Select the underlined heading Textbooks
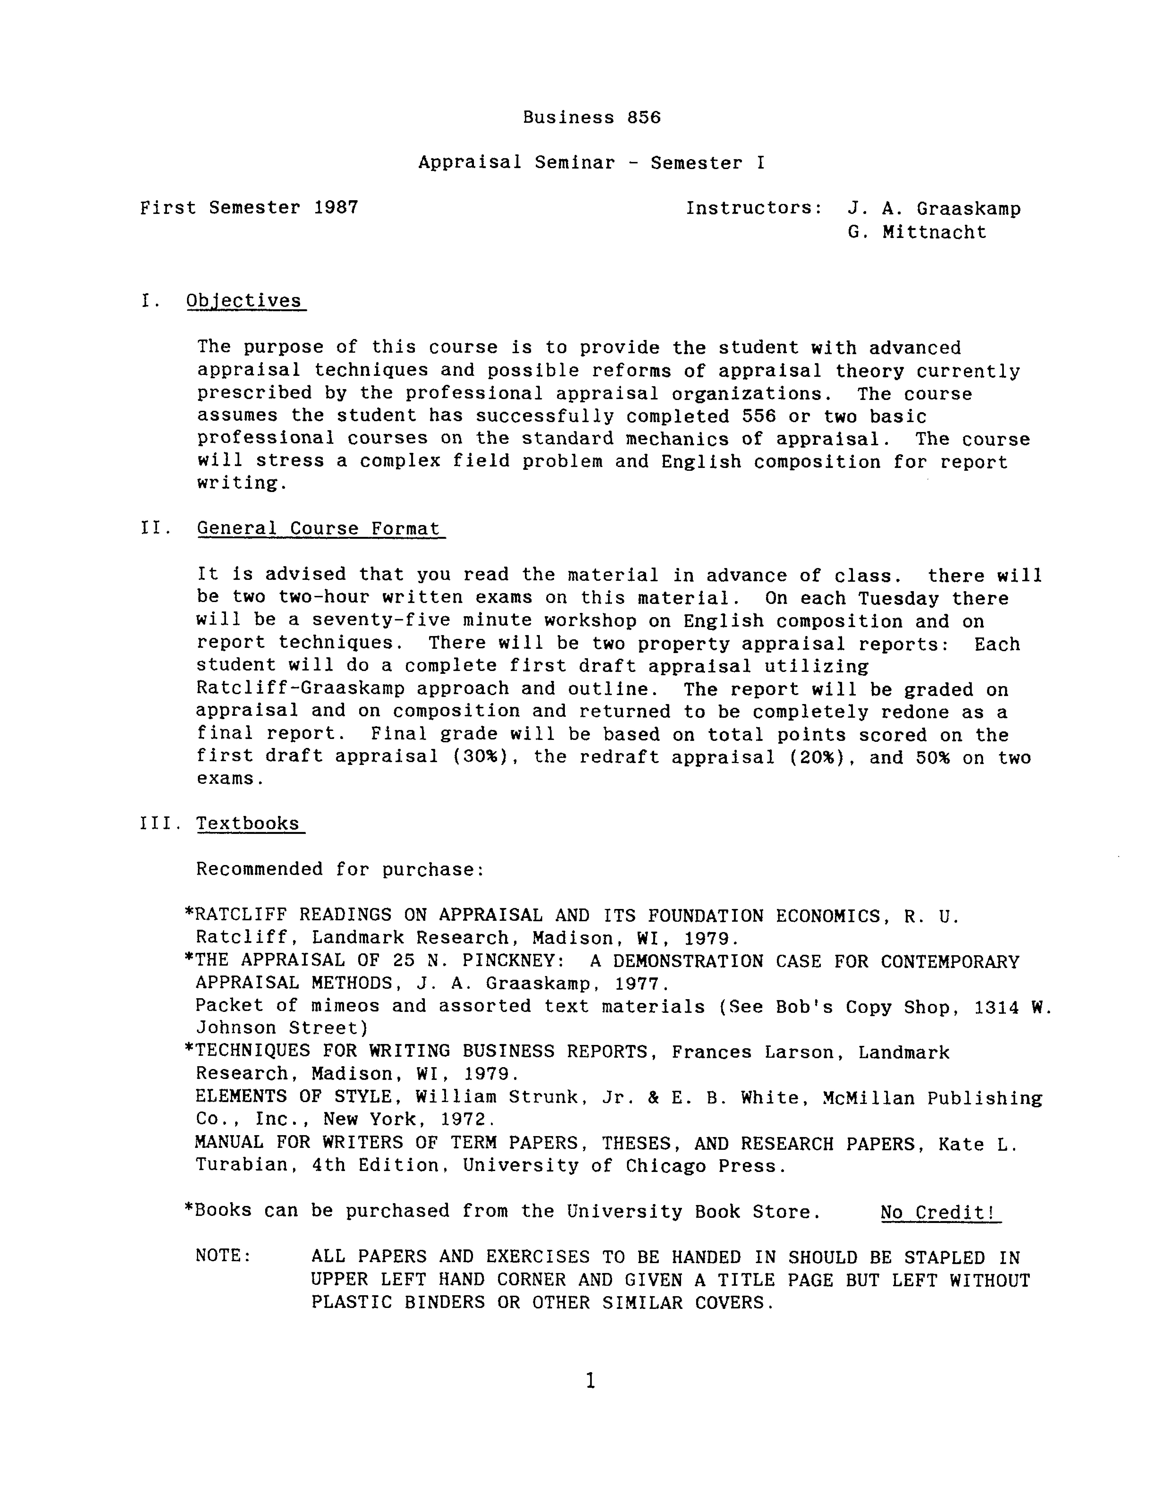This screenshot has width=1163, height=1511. click(x=248, y=823)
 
